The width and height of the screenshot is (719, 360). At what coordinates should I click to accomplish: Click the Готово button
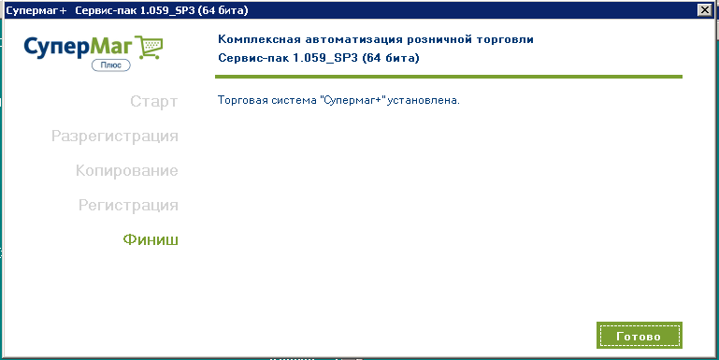click(640, 336)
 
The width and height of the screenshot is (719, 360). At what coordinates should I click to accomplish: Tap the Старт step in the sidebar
click(153, 101)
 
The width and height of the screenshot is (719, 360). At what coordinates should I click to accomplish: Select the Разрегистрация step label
click(115, 137)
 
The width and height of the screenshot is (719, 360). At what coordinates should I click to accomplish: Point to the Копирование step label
click(127, 170)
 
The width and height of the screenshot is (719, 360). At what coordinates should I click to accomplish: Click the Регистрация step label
click(128, 205)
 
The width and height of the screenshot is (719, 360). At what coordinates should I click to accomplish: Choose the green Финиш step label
click(151, 239)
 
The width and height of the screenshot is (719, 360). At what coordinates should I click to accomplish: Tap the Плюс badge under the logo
click(111, 65)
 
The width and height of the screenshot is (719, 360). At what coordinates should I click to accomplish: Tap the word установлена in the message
click(424, 100)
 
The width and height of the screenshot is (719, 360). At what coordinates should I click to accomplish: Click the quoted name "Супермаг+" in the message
click(352, 100)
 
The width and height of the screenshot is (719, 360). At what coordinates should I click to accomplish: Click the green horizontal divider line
click(449, 77)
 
